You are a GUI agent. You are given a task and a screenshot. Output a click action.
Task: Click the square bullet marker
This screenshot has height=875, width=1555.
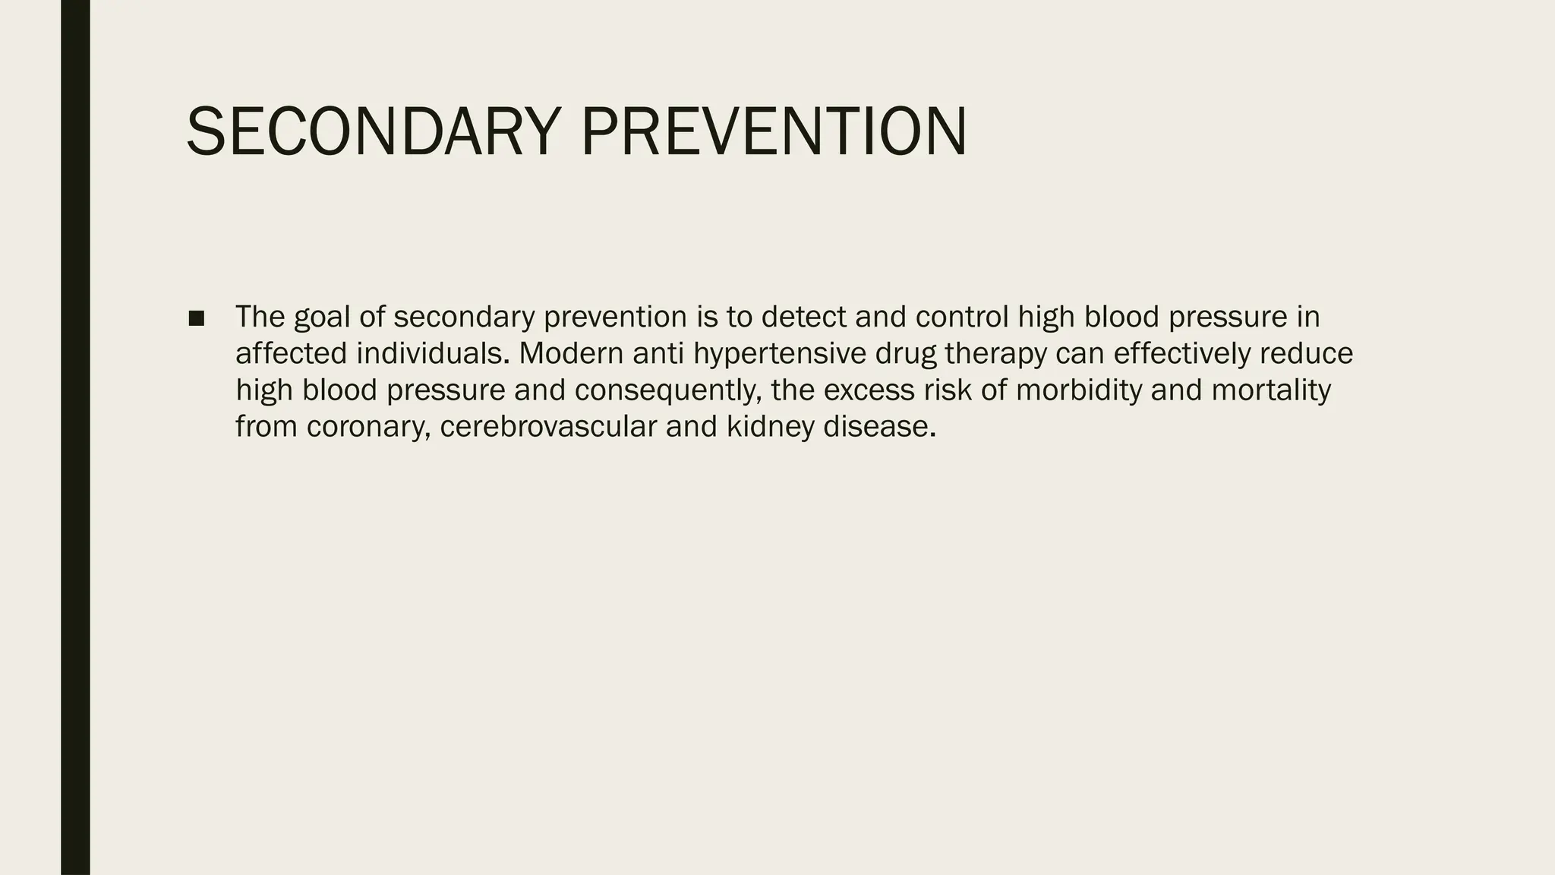[x=196, y=319]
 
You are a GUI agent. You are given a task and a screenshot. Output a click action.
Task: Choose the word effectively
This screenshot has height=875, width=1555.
[x=1181, y=353]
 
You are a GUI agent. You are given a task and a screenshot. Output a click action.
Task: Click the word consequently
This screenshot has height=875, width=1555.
[x=668, y=391]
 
